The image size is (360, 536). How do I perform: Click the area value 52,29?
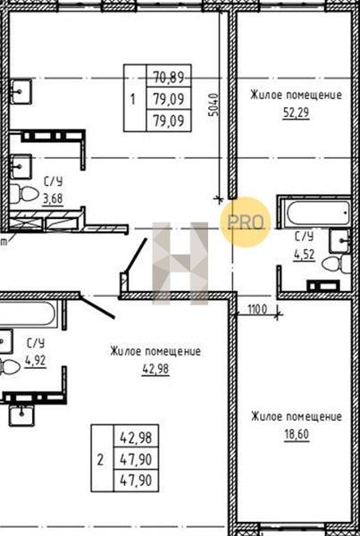coord(296,113)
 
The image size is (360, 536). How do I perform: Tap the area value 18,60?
coord(296,434)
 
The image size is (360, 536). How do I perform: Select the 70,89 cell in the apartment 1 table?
coord(169,78)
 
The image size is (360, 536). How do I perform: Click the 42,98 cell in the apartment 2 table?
coord(136,438)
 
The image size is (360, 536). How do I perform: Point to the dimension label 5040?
coord(213,105)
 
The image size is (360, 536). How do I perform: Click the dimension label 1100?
coord(256,310)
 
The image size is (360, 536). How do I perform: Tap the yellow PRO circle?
coord(246,222)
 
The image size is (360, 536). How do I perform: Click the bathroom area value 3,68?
coord(53,198)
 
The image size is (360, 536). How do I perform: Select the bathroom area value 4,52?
coord(304,255)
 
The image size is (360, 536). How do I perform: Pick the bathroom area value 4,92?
coord(35,360)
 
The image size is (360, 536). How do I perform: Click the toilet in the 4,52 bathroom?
coord(337,264)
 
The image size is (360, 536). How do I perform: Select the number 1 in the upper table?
coord(133,100)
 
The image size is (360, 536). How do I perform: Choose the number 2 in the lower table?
coord(100,460)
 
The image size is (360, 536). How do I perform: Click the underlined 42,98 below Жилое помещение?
coord(155,370)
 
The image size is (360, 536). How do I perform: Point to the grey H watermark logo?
coord(180,264)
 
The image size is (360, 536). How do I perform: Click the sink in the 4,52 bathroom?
coord(339,240)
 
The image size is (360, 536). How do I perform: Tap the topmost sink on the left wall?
coord(21,91)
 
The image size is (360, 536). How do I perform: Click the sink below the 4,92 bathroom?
coord(21,415)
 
